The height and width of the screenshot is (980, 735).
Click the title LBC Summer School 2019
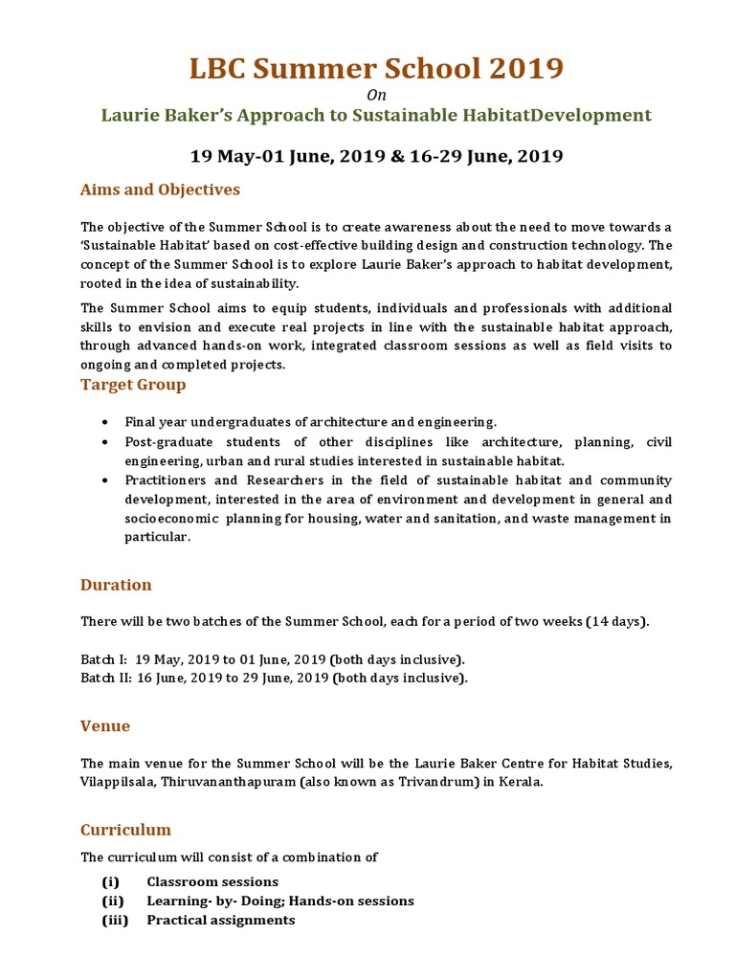(x=375, y=69)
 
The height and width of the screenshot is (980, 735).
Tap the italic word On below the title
(x=375, y=94)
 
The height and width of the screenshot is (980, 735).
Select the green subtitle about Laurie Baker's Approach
(x=376, y=116)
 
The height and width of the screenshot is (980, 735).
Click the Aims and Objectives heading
(x=160, y=189)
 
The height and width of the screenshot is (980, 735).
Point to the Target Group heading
(x=133, y=385)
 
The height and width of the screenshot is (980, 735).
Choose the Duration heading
(x=116, y=585)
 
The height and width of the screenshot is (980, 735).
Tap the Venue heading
(x=105, y=726)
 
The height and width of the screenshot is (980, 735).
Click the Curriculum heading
(x=125, y=830)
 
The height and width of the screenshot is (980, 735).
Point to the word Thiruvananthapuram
(x=233, y=781)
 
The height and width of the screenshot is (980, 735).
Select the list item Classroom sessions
(x=212, y=881)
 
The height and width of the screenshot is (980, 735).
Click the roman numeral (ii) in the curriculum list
(x=112, y=901)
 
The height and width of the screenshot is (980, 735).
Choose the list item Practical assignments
(x=220, y=920)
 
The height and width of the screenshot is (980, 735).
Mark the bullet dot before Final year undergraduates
(x=104, y=422)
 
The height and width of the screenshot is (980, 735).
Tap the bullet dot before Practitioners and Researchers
(x=104, y=480)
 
